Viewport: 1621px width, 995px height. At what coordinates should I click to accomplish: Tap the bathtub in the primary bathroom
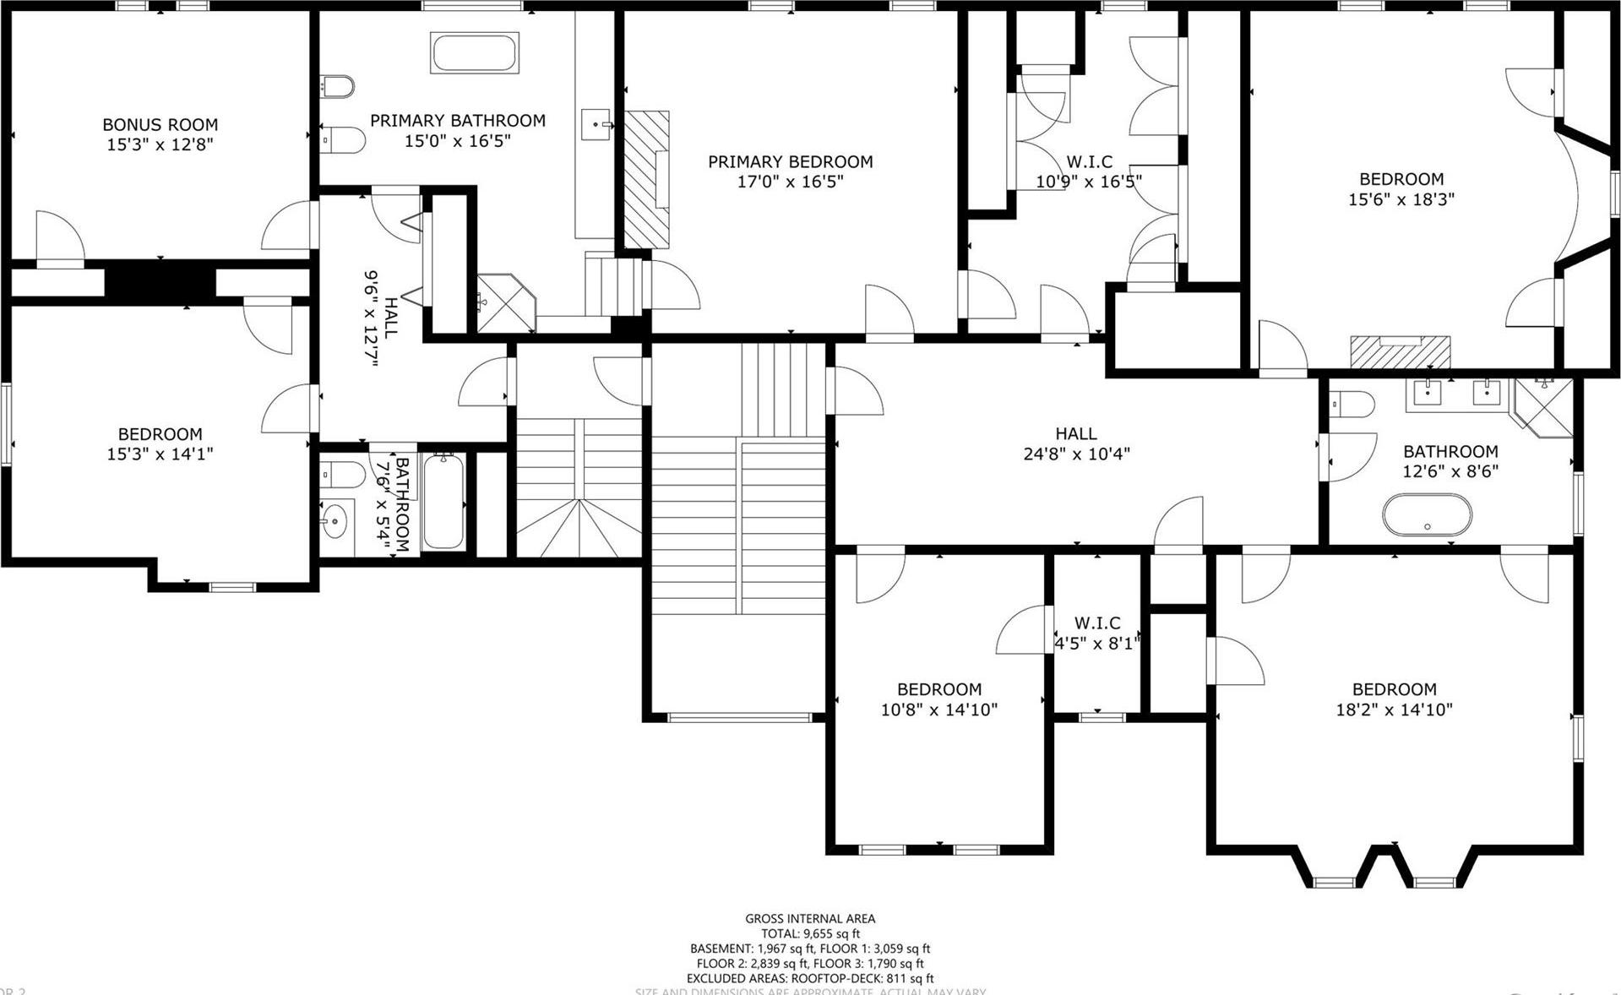(x=475, y=53)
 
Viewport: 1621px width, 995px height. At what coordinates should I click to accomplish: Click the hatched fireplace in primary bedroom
(x=646, y=179)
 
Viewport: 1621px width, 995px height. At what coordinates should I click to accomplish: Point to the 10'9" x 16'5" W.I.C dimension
(x=1089, y=181)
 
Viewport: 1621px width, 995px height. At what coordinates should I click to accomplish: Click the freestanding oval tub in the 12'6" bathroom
(x=1427, y=514)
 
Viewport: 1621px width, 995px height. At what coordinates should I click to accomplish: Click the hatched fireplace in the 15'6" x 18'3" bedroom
(x=1399, y=351)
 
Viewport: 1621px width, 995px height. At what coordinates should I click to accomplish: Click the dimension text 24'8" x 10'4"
(x=1076, y=454)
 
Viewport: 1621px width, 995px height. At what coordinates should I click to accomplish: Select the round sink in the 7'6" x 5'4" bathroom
(x=335, y=521)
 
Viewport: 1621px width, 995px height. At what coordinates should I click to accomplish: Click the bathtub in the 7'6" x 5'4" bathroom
(x=443, y=501)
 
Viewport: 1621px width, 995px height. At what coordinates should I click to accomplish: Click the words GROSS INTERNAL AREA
(x=809, y=918)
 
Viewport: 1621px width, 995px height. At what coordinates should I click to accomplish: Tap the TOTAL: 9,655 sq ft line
(x=809, y=933)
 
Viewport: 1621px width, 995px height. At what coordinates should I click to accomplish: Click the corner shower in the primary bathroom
(x=504, y=302)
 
